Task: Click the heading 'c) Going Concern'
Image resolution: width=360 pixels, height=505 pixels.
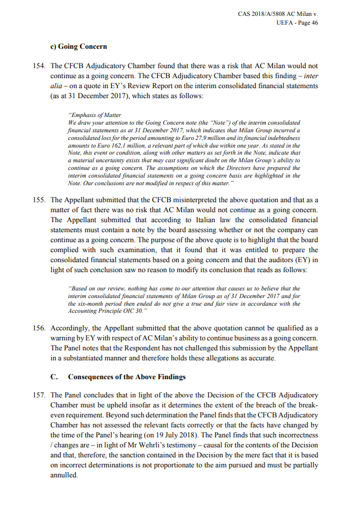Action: tap(79, 46)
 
